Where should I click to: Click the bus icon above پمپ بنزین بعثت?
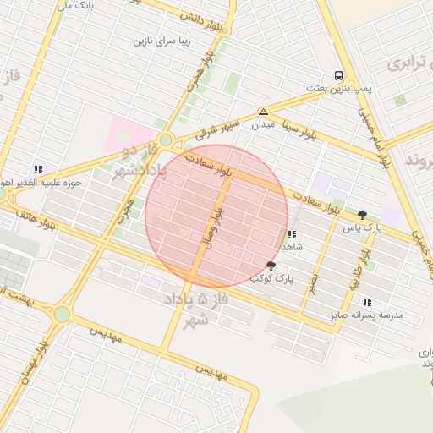[338, 74]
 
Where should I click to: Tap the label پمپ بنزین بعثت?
[339, 88]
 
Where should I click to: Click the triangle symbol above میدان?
[263, 112]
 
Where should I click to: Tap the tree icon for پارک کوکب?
[271, 265]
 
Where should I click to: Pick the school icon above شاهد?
[292, 234]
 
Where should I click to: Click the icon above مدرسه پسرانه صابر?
[366, 301]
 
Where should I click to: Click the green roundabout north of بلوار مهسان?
[62, 314]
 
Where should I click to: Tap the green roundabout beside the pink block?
[165, 140]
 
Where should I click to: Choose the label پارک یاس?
[363, 228]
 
